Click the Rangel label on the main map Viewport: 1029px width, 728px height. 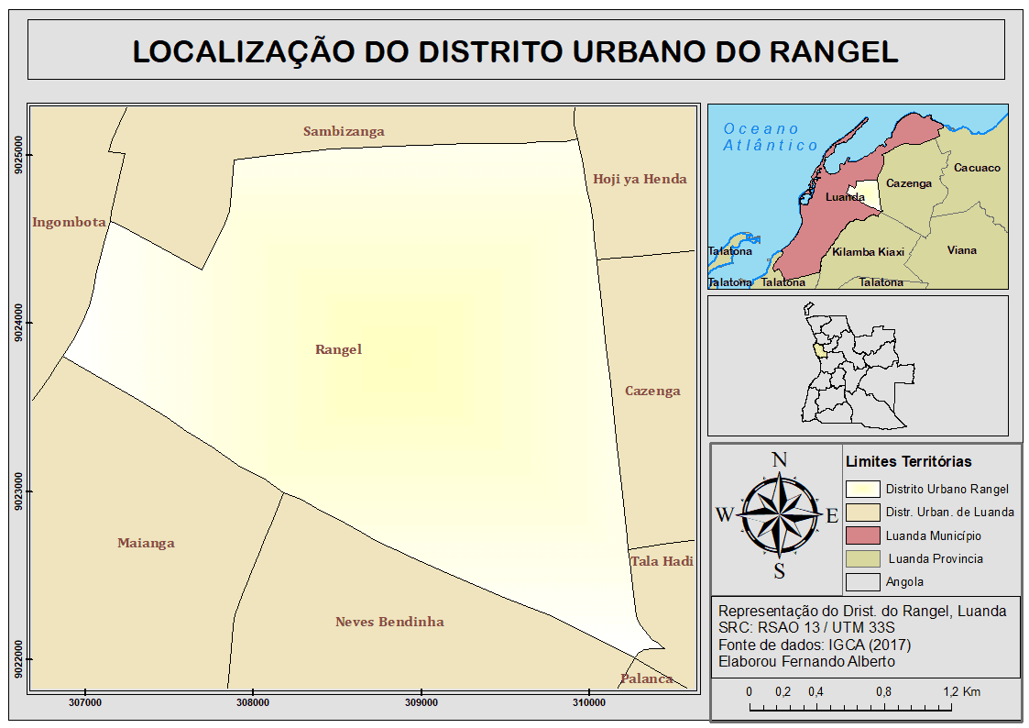pyautogui.click(x=338, y=349)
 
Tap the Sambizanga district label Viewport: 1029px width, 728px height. pyautogui.click(x=344, y=131)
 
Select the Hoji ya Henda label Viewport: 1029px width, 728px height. pyautogui.click(x=640, y=179)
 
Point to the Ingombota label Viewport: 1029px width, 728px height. pyautogui.click(x=69, y=222)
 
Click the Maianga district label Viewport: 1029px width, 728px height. pyautogui.click(x=146, y=543)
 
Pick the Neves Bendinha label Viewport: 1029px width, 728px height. pyautogui.click(x=389, y=622)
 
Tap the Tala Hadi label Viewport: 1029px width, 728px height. pyautogui.click(x=662, y=561)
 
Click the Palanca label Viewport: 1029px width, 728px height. pyautogui.click(x=646, y=678)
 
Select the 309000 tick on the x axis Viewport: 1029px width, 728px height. pyautogui.click(x=421, y=702)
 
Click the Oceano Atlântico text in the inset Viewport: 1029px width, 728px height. pyautogui.click(x=769, y=138)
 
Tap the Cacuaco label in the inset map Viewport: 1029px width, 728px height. pyautogui.click(x=977, y=168)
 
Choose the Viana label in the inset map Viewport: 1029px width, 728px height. pyautogui.click(x=962, y=250)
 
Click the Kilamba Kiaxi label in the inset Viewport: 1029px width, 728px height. pyautogui.click(x=868, y=252)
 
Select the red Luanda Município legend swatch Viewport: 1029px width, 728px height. pyautogui.click(x=862, y=535)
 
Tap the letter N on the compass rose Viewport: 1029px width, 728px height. pyautogui.click(x=780, y=460)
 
